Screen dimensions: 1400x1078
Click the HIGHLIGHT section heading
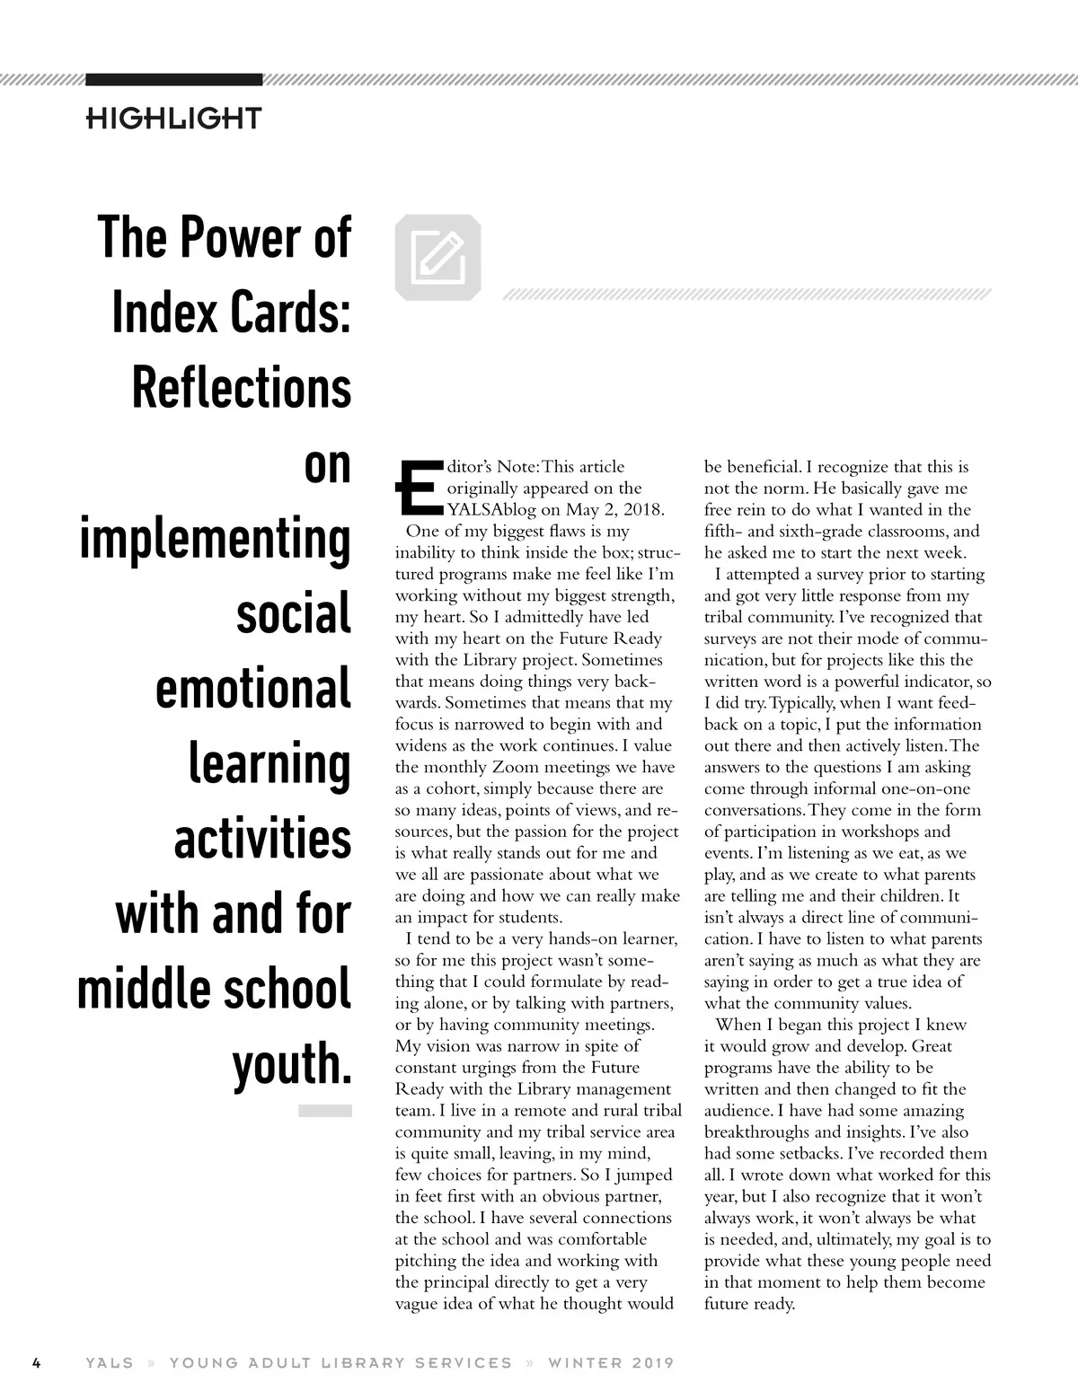tap(173, 118)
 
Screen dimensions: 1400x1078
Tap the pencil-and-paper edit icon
tap(437, 258)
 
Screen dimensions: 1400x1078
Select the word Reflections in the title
tap(242, 387)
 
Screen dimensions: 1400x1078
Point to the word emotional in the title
tap(253, 689)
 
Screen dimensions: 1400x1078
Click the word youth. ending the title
tap(291, 1064)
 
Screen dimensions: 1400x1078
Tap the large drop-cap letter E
tap(417, 491)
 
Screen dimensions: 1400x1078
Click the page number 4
tap(37, 1362)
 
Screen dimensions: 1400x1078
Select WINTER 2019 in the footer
tap(611, 1362)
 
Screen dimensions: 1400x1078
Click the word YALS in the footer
tap(110, 1362)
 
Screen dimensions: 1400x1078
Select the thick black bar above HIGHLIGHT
tap(173, 79)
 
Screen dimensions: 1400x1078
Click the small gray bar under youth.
tap(325, 1111)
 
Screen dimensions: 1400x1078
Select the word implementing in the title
tap(216, 538)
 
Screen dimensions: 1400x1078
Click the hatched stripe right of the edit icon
tap(747, 294)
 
